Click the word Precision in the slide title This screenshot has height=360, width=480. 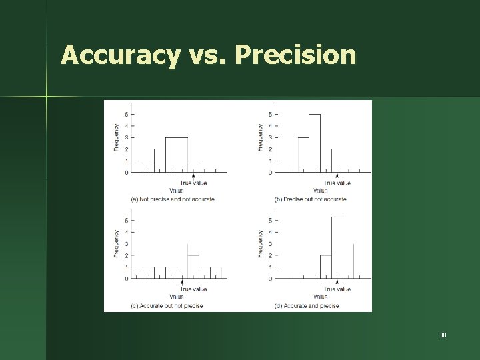click(x=295, y=55)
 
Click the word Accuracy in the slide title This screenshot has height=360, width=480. click(x=119, y=55)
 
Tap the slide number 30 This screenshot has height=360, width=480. click(x=443, y=334)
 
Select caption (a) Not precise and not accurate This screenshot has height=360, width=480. click(x=173, y=199)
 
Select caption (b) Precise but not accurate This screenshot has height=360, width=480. click(x=311, y=199)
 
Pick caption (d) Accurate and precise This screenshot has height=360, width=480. click(x=307, y=306)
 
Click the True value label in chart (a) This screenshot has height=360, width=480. click(x=193, y=183)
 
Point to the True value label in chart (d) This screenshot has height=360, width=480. click(x=337, y=289)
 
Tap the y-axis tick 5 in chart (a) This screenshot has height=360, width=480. click(x=125, y=115)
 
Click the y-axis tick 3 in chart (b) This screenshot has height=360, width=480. click(x=270, y=138)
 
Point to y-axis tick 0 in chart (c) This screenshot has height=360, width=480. click(x=125, y=279)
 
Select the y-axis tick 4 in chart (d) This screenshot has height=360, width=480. click(x=270, y=232)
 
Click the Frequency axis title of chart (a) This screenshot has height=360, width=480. click(x=117, y=138)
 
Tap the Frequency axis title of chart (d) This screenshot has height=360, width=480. click(x=261, y=244)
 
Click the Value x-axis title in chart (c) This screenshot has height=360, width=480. click(x=177, y=297)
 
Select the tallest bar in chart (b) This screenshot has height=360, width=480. click(x=315, y=143)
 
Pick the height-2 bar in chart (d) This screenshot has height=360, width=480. click(x=325, y=267)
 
